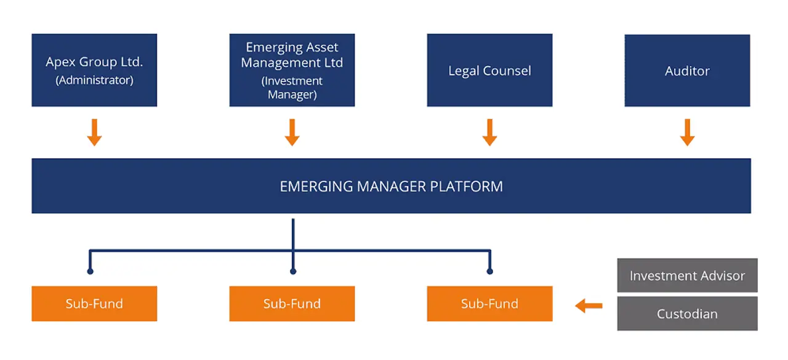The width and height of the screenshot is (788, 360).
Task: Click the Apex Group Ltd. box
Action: pos(94,70)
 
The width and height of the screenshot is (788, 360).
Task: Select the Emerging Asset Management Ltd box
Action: pos(292,70)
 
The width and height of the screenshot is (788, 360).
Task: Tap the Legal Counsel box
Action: pos(489,70)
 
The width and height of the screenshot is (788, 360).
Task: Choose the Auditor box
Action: pos(687,70)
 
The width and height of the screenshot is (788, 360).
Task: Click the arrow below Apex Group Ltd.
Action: pos(94,132)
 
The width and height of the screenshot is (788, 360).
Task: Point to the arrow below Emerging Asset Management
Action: pos(292,132)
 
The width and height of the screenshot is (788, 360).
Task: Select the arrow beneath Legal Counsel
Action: pos(489,132)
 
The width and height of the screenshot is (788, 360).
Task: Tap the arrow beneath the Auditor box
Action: pos(687,132)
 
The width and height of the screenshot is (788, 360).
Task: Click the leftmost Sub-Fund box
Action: pos(94,303)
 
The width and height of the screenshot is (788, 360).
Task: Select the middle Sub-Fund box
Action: pos(292,303)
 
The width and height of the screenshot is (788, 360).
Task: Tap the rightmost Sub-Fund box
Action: pos(489,303)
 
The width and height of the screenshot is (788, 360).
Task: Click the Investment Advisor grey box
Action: pos(687,276)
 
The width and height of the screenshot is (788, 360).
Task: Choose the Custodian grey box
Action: pos(687,314)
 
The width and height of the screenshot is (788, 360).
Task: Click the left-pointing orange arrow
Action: pos(589,305)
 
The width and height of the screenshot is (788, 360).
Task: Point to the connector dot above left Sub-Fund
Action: pos(90,271)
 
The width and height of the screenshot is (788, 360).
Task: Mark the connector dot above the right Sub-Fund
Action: pos(489,271)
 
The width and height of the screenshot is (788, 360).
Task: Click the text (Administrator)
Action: pos(94,80)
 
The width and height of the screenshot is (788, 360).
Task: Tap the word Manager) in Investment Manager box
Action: pos(292,95)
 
